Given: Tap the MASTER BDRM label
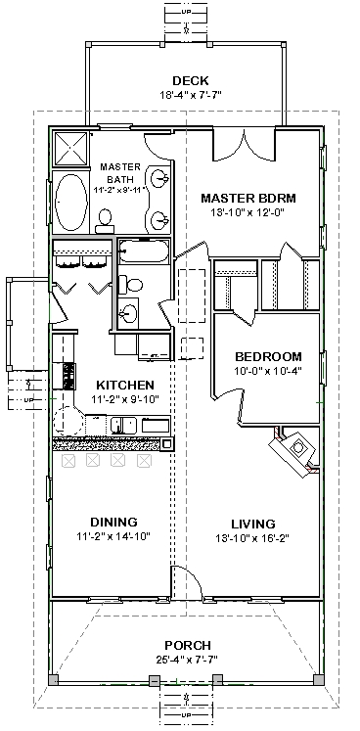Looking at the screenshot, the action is (x=248, y=198).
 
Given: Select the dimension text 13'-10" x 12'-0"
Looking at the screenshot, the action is (x=248, y=212).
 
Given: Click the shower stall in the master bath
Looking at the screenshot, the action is (x=71, y=149).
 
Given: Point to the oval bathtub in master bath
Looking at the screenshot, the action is (x=70, y=201).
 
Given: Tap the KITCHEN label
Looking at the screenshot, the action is (x=125, y=386).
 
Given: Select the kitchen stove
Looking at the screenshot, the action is (x=69, y=376).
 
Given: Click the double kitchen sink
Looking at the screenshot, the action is (x=123, y=425).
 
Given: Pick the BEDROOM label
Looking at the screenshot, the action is (x=268, y=357).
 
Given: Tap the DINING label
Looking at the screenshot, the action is (x=113, y=522).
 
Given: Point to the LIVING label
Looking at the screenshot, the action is (x=252, y=524).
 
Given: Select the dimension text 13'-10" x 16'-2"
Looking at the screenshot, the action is (x=252, y=538).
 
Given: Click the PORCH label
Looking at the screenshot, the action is (x=188, y=646).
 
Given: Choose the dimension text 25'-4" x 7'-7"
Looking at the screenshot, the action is (x=187, y=660).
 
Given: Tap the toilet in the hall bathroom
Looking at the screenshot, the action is (x=131, y=285).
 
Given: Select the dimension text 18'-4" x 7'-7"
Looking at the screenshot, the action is (x=190, y=96).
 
